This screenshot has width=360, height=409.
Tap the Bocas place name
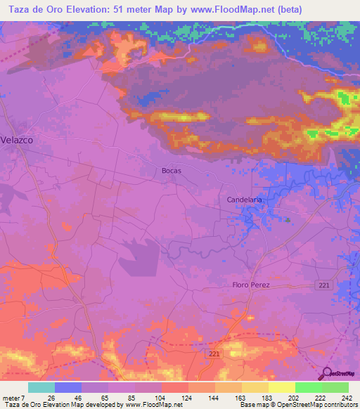(173, 171)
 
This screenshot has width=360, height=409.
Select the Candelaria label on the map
(245, 200)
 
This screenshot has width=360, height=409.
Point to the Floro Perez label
(251, 285)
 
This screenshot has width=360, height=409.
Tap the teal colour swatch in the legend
(41, 387)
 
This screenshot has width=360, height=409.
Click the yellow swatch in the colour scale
(282, 387)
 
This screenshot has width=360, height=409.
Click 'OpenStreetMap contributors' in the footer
(316, 405)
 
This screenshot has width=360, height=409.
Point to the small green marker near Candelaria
(288, 220)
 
